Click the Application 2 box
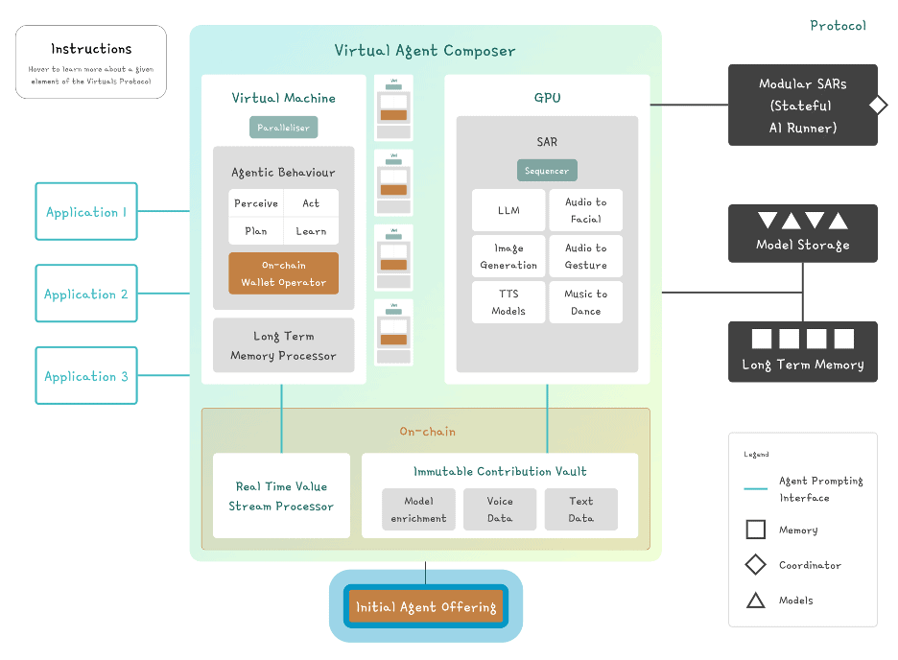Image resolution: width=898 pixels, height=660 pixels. [x=86, y=294]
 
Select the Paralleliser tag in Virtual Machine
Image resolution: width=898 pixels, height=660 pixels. [x=284, y=127]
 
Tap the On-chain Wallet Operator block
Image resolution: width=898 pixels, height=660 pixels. [x=283, y=273]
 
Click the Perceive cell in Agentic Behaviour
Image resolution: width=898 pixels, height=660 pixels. [x=256, y=203]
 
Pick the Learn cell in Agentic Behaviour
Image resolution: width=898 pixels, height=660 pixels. [x=311, y=231]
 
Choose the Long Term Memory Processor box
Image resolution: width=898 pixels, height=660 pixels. [x=283, y=345]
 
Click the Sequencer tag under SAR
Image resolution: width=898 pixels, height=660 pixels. [x=547, y=171]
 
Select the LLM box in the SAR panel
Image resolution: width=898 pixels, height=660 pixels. [x=508, y=210]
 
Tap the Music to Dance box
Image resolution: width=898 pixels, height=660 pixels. [x=585, y=302]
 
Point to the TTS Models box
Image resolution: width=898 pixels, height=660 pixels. [x=508, y=302]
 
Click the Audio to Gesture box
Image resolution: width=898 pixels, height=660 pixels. [x=585, y=256]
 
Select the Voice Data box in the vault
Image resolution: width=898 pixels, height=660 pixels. [x=500, y=509]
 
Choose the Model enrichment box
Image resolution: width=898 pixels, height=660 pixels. [x=418, y=509]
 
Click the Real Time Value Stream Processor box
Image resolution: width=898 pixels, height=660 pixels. [x=281, y=496]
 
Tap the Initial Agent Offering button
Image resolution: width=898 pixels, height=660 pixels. [x=426, y=606]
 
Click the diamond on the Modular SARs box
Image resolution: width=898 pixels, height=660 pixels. [x=878, y=106]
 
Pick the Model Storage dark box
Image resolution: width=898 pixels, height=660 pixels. [x=802, y=233]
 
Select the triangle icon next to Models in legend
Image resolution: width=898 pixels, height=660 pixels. [x=756, y=601]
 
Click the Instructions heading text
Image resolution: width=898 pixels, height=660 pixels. [x=91, y=49]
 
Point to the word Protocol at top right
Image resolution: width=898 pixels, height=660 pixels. [x=838, y=26]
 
